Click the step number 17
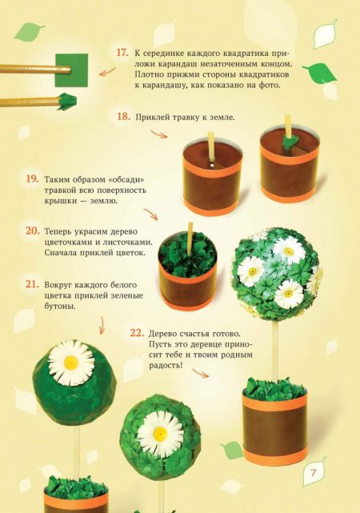click(x=122, y=53)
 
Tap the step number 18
click(x=123, y=117)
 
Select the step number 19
click(x=32, y=179)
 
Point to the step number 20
click(x=32, y=231)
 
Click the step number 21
click(x=32, y=284)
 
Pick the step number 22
click(x=137, y=333)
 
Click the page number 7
click(x=314, y=473)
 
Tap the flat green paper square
click(x=72, y=70)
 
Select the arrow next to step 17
click(x=107, y=72)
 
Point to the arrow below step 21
click(x=102, y=326)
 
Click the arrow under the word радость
click(x=200, y=373)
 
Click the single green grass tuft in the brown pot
click(x=288, y=142)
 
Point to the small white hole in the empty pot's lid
click(x=212, y=166)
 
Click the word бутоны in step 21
click(x=60, y=307)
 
